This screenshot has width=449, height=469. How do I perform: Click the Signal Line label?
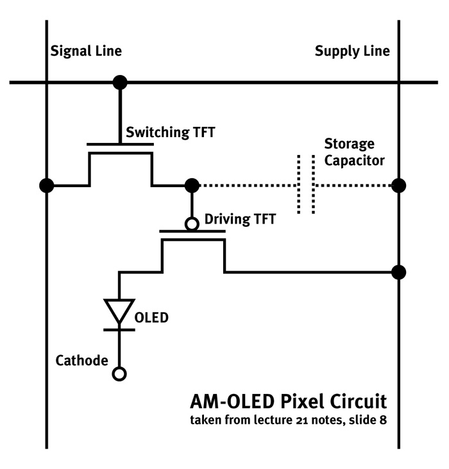[86, 51]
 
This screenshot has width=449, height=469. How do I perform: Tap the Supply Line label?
[352, 51]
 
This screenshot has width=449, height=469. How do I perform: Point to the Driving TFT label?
[239, 219]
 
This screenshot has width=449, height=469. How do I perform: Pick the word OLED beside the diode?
[151, 317]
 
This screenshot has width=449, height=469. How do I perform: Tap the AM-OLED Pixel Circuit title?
[289, 402]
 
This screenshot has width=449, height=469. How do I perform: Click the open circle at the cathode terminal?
[119, 373]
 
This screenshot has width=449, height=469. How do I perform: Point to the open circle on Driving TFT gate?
[191, 224]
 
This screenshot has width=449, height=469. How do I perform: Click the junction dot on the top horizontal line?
[119, 82]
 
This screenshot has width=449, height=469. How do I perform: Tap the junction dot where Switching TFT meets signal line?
[46, 186]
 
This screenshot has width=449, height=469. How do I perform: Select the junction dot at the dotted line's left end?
[191, 186]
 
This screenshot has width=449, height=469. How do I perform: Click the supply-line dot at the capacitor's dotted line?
[398, 186]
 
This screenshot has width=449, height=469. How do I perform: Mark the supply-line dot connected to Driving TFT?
[398, 272]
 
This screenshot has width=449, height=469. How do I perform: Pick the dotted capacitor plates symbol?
[306, 185]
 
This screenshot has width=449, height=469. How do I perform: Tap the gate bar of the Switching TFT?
[120, 144]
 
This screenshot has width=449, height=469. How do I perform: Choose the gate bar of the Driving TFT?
[192, 231]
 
